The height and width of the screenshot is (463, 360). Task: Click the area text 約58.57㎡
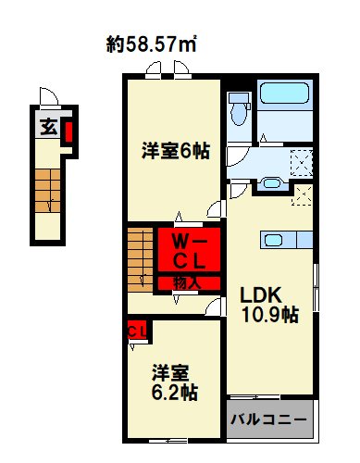[x=155, y=44]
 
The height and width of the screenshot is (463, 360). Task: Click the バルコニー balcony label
[x=268, y=419]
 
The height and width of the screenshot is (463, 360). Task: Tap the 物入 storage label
[x=188, y=282]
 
